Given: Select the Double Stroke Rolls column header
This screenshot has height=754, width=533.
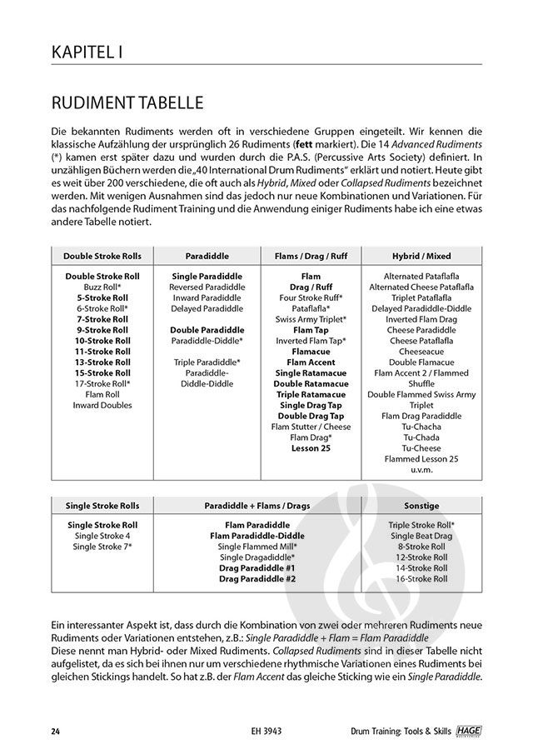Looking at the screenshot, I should [102, 256].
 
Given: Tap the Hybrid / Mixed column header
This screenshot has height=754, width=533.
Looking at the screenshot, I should [421, 256].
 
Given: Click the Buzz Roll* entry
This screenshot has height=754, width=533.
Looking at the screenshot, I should [102, 286].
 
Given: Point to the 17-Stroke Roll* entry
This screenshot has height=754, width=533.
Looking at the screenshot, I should [102, 383].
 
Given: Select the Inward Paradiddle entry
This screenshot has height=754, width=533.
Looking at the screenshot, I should [207, 297].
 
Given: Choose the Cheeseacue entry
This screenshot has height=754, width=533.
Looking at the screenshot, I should [421, 351].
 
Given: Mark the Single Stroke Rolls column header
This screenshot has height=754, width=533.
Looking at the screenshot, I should [102, 505].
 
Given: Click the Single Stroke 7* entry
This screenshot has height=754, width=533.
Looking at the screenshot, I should [102, 547].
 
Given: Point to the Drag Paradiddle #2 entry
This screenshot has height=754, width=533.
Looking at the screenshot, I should [257, 578].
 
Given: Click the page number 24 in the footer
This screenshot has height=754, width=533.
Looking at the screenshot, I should [54, 732].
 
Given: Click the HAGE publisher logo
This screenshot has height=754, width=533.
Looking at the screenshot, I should [471, 731].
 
